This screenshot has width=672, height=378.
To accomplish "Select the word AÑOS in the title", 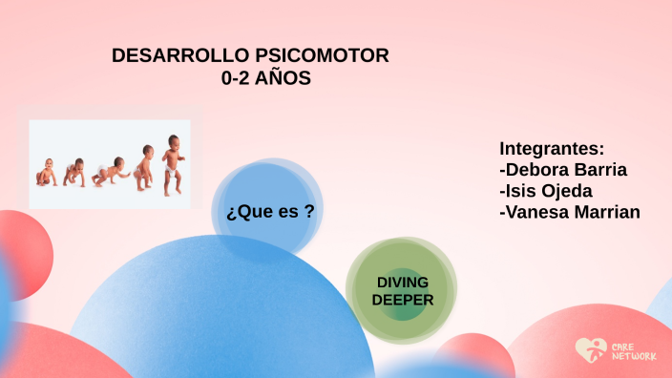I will pyautogui.click(x=284, y=80).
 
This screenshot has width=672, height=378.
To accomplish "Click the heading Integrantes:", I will pyautogui.click(x=552, y=149).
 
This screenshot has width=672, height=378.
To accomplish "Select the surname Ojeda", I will pyautogui.click(x=567, y=191).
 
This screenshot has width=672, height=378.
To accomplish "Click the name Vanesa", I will pyautogui.click(x=538, y=212).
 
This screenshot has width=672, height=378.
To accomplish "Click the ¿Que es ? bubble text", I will pyautogui.click(x=270, y=212).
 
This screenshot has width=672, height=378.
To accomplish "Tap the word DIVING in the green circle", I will pyautogui.click(x=402, y=283).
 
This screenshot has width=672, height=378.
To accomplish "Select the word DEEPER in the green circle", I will pyautogui.click(x=402, y=300).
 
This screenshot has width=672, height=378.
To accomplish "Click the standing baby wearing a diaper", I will pyautogui.click(x=172, y=164).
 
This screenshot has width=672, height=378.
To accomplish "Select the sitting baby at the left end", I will pyautogui.click(x=46, y=173).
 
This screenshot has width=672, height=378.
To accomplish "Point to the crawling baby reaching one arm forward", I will pyautogui.click(x=111, y=172).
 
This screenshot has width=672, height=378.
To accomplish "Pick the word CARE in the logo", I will pyautogui.click(x=620, y=345).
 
